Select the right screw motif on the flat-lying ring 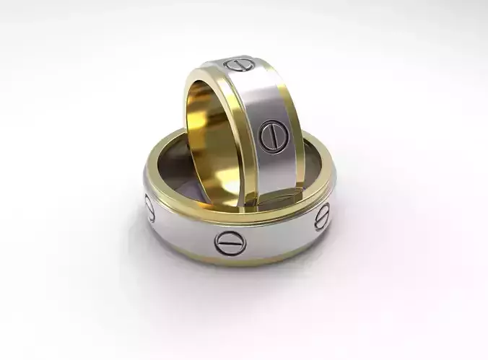click(322, 214)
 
